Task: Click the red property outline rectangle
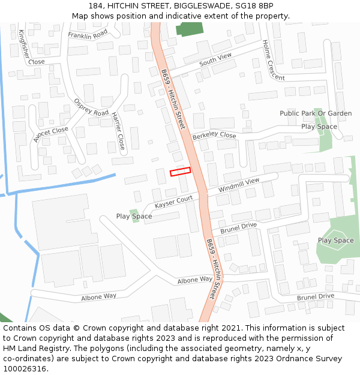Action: coord(180,172)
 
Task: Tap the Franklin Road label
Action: coord(88,35)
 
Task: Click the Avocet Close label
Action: coord(51,135)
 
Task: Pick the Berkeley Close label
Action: coord(214,136)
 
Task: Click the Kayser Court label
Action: coord(173,202)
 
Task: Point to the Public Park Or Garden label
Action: coord(316,113)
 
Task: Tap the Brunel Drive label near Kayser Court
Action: coord(238,228)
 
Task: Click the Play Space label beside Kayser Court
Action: coord(134,216)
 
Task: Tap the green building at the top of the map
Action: coord(190,29)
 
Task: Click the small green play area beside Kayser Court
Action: coord(134,214)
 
